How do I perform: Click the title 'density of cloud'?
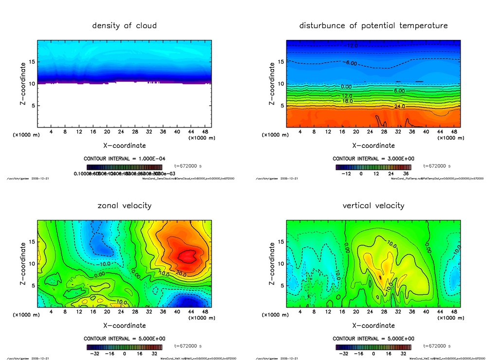(124, 25)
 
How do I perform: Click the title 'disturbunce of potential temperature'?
(373, 25)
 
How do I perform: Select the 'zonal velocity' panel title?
(124, 206)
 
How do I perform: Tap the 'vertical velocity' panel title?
(373, 206)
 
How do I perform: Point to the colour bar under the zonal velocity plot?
(124, 347)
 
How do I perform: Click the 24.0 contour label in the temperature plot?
(400, 106)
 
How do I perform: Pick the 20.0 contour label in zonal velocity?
(182, 272)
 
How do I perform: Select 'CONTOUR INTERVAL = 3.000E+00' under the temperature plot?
(373, 159)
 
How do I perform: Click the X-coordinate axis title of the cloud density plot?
(124, 145)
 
